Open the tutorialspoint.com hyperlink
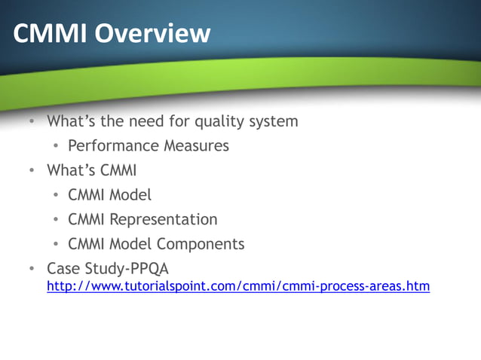tap(238, 286)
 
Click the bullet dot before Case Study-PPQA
tap(32, 269)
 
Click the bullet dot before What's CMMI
tap(32, 170)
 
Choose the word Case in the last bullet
tap(62, 269)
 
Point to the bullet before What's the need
tap(32, 121)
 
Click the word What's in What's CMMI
tap(66, 170)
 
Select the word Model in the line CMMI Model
tap(130, 194)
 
